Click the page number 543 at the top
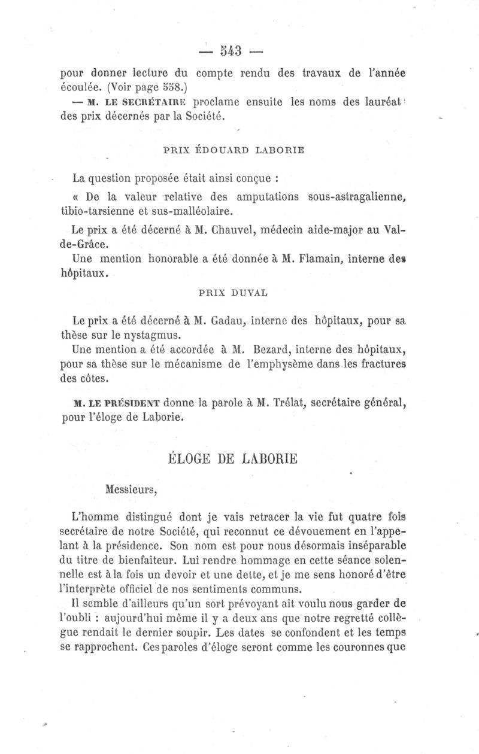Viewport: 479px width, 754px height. coord(231,50)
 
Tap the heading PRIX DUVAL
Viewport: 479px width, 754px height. coord(232,293)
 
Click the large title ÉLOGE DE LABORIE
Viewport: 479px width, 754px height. coord(231,460)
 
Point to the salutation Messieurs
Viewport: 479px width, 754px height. coord(131,489)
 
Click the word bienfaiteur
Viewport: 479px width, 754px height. coord(169,561)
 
